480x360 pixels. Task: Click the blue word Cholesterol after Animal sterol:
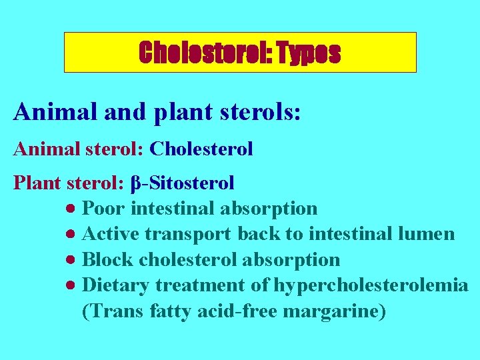tap(201, 149)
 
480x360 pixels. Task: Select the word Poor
tap(104, 209)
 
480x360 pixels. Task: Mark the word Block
tap(107, 259)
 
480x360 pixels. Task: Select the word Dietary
tap(116, 285)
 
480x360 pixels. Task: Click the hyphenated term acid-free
tap(241, 311)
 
